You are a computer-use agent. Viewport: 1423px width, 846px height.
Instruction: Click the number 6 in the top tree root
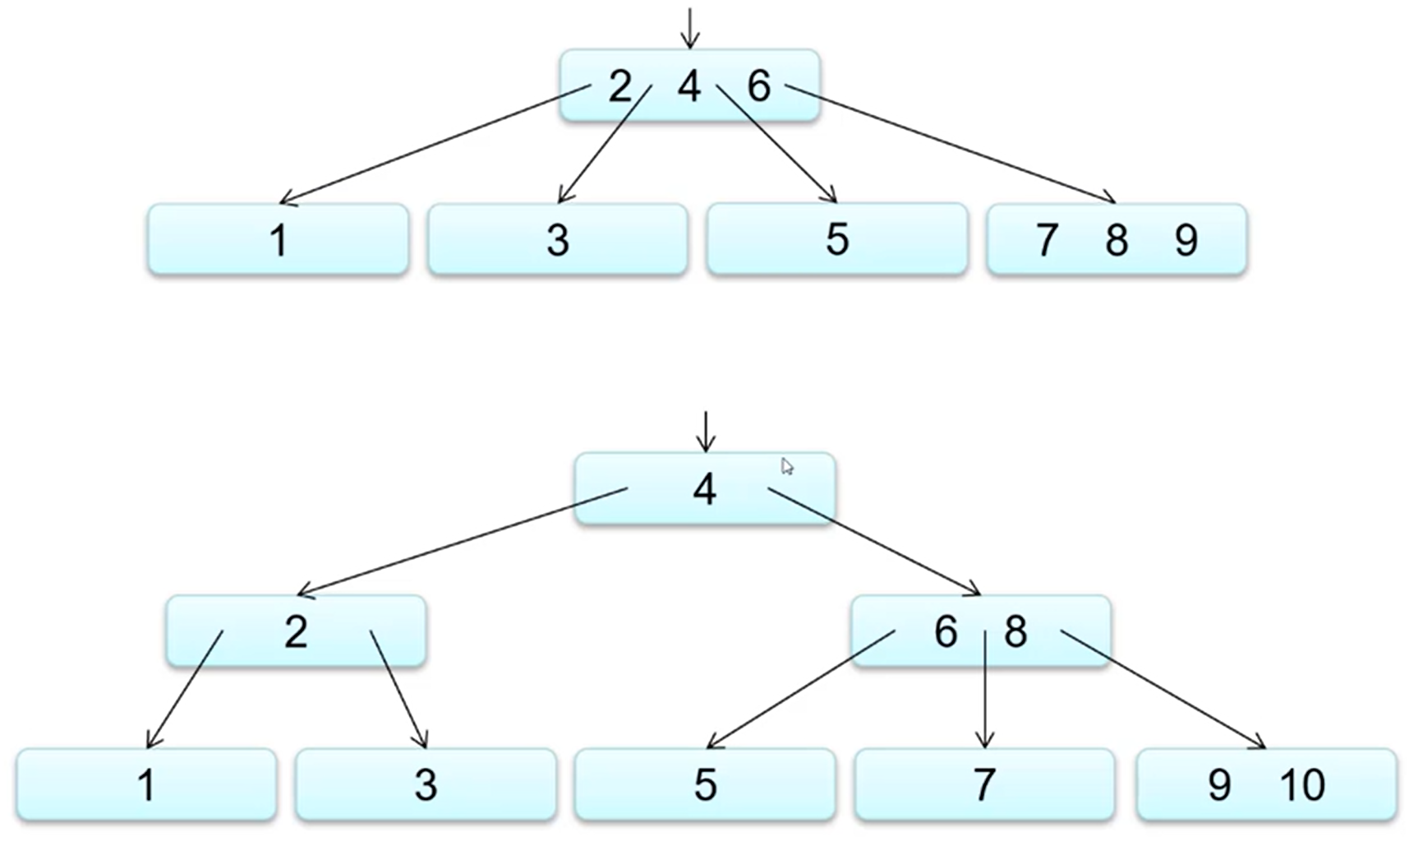tap(759, 86)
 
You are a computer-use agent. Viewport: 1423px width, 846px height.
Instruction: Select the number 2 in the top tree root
tap(620, 86)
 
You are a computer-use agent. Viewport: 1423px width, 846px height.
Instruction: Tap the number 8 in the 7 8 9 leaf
tap(1117, 240)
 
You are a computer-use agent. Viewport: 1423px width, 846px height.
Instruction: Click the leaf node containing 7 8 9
tap(1117, 239)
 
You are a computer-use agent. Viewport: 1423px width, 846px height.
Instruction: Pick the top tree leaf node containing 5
tap(837, 238)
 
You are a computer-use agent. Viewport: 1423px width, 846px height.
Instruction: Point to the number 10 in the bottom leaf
tap(1302, 785)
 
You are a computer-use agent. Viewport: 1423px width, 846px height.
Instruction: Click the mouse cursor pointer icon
tap(787, 467)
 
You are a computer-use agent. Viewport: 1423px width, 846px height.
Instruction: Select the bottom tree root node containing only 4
tap(705, 489)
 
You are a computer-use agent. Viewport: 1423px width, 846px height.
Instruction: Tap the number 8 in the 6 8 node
tap(1016, 631)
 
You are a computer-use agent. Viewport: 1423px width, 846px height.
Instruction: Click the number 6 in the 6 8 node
tap(946, 631)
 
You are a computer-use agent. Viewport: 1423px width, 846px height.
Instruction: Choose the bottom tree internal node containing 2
tap(296, 631)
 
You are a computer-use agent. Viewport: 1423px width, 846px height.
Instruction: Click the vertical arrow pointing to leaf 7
tap(984, 690)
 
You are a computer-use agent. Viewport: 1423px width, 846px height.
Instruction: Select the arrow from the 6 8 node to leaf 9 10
tap(1163, 690)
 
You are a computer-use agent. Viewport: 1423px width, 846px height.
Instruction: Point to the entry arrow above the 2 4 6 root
tap(690, 28)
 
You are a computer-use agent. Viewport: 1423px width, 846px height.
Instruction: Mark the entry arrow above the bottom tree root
tap(705, 432)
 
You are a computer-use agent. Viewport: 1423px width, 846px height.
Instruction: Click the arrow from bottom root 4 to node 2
tap(463, 542)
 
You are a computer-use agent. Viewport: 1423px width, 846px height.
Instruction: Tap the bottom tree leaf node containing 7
tap(984, 785)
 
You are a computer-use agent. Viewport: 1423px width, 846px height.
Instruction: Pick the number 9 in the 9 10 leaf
tap(1220, 785)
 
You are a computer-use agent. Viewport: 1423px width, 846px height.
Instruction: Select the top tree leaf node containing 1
tap(279, 239)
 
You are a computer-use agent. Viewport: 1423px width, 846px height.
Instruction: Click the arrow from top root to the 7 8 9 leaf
tap(951, 144)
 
